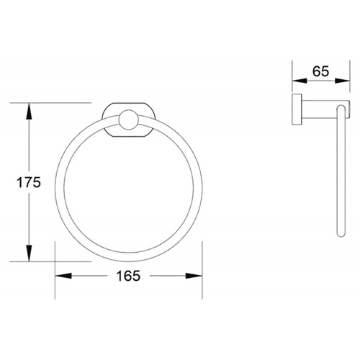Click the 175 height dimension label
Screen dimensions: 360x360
29,183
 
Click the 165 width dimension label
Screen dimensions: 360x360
128,276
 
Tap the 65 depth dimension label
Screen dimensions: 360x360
320,71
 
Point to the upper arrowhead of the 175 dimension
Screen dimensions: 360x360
29,111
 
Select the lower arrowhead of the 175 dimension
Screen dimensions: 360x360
29,253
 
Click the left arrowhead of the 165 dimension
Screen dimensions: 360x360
63,276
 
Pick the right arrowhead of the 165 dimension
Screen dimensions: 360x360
194,276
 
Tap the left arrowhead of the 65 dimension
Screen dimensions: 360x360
300,81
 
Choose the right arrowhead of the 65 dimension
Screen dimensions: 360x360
342,81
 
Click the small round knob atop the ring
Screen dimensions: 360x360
129,120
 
